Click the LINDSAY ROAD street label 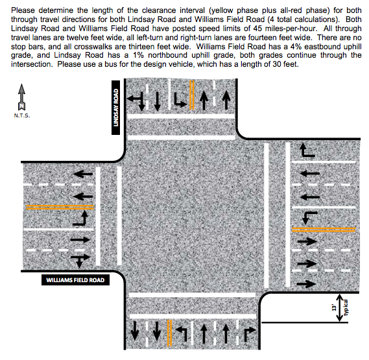point(115,108)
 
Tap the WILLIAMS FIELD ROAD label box point(75,280)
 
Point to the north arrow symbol point(21,97)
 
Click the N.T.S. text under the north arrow point(22,115)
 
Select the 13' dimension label point(334,307)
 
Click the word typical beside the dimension point(346,307)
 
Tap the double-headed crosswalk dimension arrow point(339,307)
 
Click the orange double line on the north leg point(192,95)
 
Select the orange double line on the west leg point(60,207)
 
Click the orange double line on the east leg point(324,230)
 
